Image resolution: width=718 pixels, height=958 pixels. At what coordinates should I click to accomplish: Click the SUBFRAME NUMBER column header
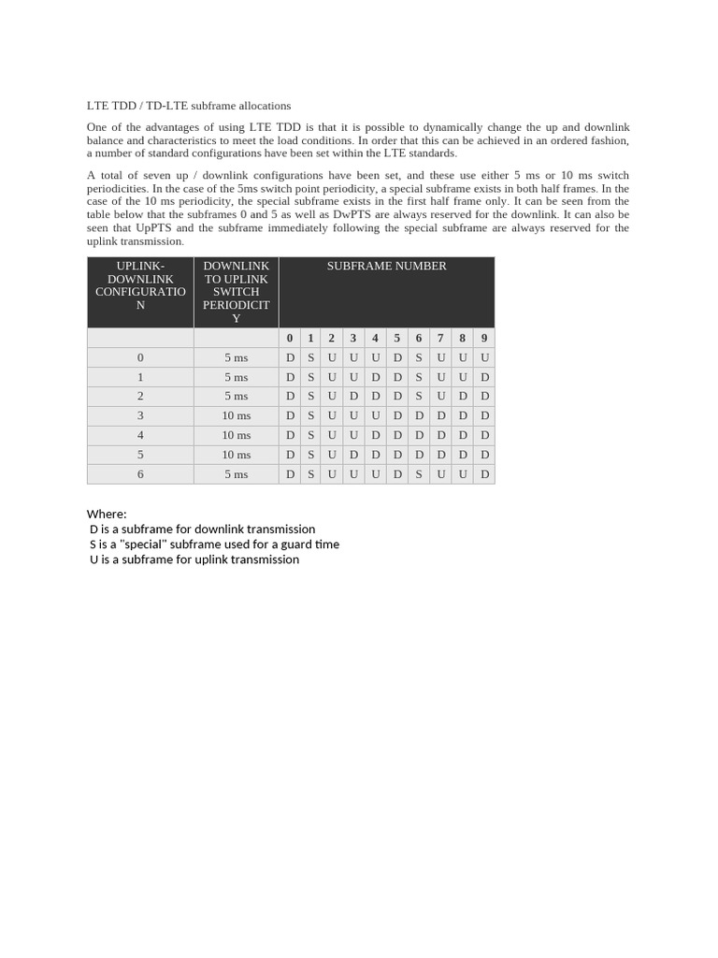386,266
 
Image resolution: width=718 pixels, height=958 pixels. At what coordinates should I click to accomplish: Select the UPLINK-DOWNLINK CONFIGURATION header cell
140,285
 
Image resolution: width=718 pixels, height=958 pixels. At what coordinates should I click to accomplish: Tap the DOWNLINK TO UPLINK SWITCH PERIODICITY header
236,292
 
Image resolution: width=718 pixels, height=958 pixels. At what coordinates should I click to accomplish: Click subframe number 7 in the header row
440,338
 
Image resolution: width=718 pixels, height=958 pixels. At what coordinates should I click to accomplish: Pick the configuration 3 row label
140,415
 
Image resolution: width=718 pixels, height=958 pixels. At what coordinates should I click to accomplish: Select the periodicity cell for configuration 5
236,455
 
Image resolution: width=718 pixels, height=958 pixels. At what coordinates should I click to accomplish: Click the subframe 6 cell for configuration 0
419,357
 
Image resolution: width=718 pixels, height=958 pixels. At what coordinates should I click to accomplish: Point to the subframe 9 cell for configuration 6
484,474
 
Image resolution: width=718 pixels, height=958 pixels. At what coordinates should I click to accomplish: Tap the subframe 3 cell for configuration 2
353,396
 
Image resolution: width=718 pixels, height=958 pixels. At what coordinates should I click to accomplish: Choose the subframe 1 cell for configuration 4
310,435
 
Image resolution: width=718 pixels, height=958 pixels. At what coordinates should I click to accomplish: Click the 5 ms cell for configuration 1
236,377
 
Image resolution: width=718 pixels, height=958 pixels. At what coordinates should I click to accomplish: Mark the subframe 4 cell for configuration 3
375,415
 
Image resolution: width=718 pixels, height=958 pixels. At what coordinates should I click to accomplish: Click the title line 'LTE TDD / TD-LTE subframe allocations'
189,106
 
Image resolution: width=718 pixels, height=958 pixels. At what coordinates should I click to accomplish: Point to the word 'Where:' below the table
107,514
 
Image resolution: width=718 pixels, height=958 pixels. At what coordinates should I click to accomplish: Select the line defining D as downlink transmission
202,529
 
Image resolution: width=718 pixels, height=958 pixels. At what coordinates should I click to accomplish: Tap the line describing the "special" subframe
214,544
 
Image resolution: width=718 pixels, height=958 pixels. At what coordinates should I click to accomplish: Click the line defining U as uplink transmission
194,559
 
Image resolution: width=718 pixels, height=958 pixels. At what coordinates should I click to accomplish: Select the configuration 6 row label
140,474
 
